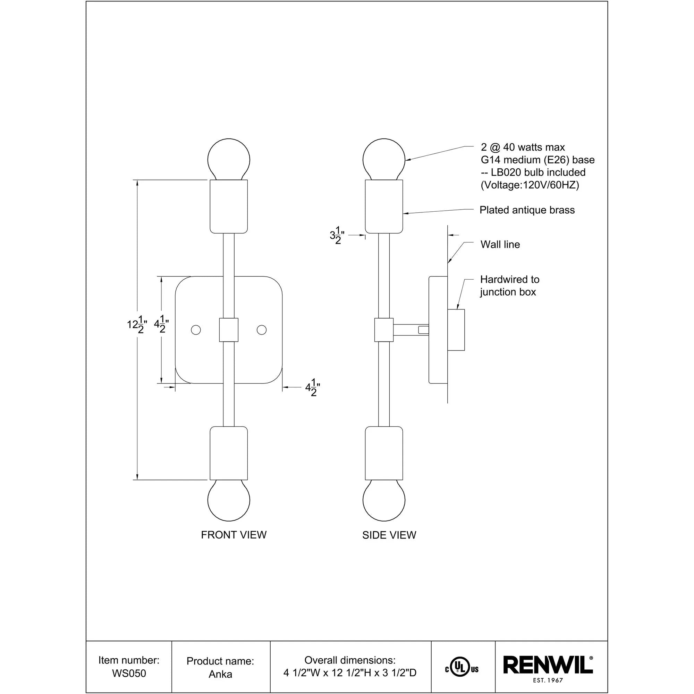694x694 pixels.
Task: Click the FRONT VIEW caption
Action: click(234, 535)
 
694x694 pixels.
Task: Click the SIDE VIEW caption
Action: click(389, 535)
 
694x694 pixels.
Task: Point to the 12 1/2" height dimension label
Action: click(137, 324)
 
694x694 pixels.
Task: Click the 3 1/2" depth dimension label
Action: click(337, 235)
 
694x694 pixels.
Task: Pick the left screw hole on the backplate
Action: click(196, 330)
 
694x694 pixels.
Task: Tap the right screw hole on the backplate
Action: click(262, 330)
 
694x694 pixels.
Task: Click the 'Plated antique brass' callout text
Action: click(527, 210)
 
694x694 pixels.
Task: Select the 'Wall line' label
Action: click(500, 245)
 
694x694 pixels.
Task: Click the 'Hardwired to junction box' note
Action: click(509, 286)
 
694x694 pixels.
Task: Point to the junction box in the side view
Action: click(456, 330)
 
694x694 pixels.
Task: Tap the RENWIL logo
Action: click(548, 665)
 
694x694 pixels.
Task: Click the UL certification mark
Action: click(462, 669)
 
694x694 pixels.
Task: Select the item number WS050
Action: click(129, 673)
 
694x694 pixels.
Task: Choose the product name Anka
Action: click(220, 674)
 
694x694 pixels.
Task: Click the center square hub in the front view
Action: click(229, 330)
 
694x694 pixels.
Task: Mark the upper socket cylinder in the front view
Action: click(229, 206)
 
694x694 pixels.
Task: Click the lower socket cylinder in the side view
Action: click(384, 453)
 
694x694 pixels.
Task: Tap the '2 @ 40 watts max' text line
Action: click(523, 147)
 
